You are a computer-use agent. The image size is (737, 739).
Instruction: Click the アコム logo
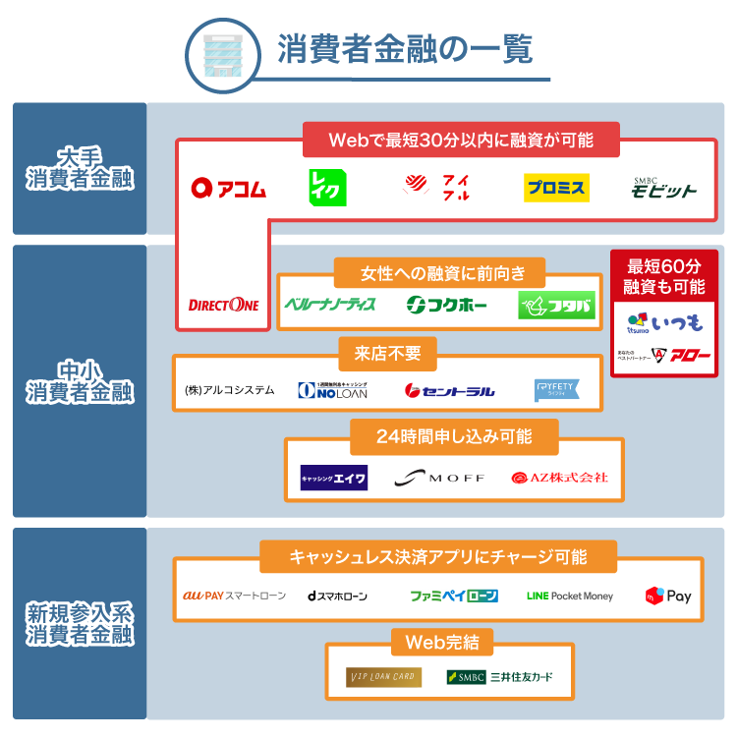(x=229, y=188)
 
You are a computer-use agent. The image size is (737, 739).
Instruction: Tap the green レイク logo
(x=327, y=187)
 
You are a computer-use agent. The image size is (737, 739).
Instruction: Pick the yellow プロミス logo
(x=555, y=187)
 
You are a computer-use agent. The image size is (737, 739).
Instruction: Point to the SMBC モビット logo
(x=663, y=187)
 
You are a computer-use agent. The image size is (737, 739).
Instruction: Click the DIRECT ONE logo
(x=224, y=305)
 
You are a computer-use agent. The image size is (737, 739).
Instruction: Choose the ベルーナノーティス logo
(x=330, y=305)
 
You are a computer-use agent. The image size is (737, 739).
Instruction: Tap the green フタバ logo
(x=557, y=306)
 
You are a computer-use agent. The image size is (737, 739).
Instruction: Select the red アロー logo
(x=664, y=355)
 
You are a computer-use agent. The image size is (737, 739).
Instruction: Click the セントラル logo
(x=450, y=391)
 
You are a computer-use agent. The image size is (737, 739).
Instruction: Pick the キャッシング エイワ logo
(x=334, y=478)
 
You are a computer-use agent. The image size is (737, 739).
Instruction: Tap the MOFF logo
(x=439, y=478)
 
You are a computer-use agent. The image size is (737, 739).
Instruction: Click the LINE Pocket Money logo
(x=570, y=596)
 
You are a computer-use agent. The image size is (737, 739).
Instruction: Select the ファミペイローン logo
(x=454, y=596)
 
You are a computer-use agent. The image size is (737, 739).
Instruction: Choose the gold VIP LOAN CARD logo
(x=384, y=677)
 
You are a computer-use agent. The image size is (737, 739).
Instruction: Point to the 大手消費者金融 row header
(x=80, y=168)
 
